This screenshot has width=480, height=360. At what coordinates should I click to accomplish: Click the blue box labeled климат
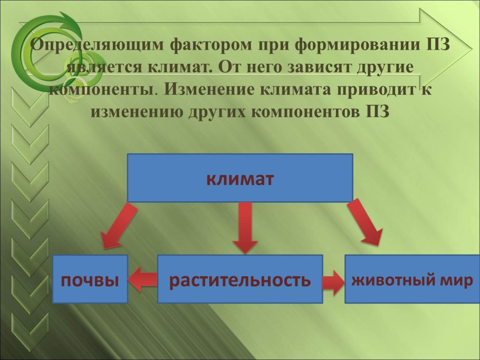(x=240, y=178)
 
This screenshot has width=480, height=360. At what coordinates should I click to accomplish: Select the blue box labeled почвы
(x=90, y=279)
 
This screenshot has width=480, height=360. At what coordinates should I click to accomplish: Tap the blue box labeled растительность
(x=240, y=279)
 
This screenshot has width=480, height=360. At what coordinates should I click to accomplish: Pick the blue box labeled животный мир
(x=412, y=279)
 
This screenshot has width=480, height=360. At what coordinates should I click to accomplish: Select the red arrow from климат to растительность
(x=244, y=227)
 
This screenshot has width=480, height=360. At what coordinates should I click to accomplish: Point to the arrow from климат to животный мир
(x=364, y=222)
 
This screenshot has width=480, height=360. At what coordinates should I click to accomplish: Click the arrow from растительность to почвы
(x=142, y=279)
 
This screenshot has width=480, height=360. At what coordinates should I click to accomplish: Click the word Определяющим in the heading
(x=98, y=45)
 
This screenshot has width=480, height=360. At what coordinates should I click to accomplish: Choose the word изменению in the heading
(x=138, y=112)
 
